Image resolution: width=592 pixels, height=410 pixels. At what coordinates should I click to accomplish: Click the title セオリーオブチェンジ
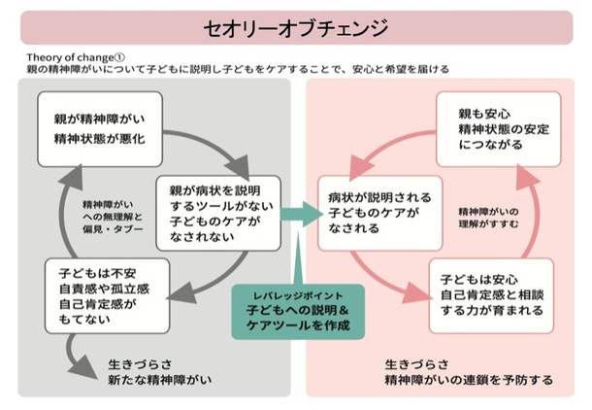(297, 26)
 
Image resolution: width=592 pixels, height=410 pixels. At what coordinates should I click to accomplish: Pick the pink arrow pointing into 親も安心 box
(407, 149)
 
